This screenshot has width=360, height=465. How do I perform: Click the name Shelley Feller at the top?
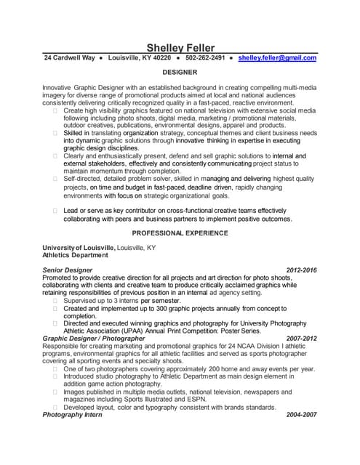(x=180, y=47)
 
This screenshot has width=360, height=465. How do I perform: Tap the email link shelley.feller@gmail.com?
(x=277, y=57)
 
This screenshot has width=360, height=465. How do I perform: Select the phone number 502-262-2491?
(x=205, y=57)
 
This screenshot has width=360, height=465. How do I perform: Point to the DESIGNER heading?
(x=180, y=73)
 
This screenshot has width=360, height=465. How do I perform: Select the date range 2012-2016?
(x=302, y=270)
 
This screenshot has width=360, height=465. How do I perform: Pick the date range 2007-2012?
(x=302, y=338)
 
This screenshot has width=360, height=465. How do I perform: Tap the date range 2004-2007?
(x=302, y=414)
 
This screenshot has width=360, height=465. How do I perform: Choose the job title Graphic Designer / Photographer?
(x=94, y=338)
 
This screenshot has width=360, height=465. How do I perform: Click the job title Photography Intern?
(x=73, y=414)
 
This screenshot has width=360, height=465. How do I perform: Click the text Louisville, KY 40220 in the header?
(x=140, y=57)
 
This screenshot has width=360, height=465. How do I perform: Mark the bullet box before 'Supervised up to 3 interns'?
(x=55, y=300)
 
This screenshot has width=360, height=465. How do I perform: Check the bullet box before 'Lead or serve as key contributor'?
(x=55, y=210)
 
